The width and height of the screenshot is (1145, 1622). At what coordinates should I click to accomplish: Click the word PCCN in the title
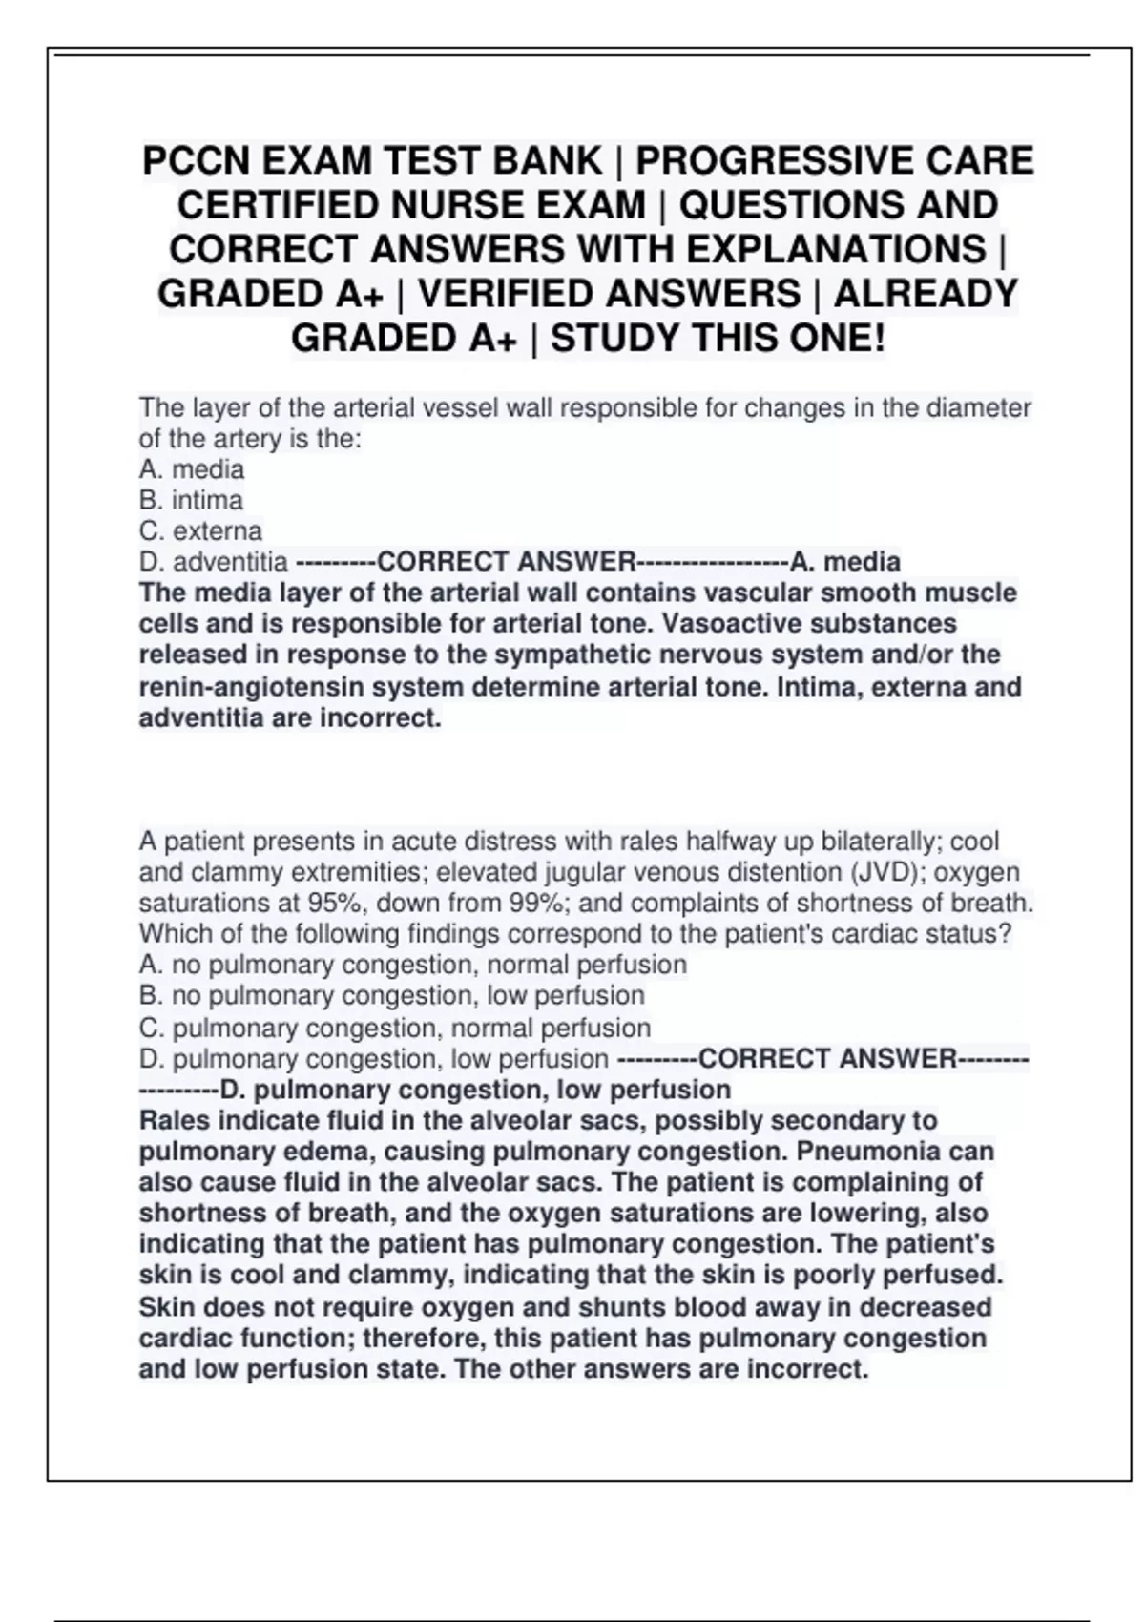point(197,160)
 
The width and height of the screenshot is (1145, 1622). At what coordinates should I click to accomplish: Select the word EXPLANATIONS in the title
point(835,249)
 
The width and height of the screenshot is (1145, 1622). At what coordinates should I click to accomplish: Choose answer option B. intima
point(191,500)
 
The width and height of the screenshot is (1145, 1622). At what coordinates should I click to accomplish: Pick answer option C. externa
point(200,530)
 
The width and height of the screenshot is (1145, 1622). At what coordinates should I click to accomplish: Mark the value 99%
point(542,903)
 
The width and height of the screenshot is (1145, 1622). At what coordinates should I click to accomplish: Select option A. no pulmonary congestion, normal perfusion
point(412,965)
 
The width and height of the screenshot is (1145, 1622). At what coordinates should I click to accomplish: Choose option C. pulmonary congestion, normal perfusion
point(394,1028)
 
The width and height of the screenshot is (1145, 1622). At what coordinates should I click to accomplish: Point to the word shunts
point(532,1307)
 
